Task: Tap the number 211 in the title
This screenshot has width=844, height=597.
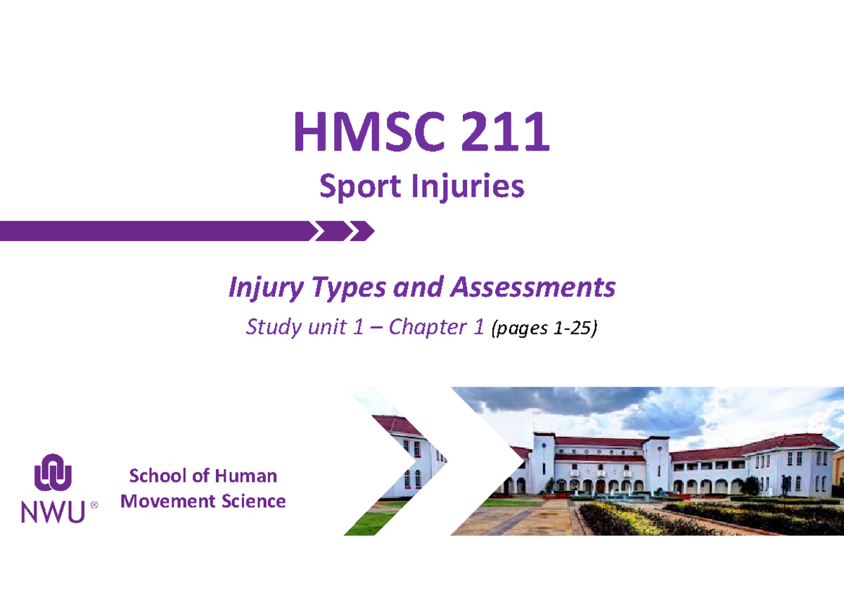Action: (504, 131)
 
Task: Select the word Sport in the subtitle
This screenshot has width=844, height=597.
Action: (360, 186)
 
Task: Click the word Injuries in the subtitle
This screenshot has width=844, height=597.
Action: (468, 186)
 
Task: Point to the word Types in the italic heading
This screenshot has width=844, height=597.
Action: (349, 288)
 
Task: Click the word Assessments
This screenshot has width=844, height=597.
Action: (533, 287)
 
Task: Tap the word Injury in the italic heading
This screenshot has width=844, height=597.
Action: (266, 288)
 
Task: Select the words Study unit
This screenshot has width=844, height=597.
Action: (296, 327)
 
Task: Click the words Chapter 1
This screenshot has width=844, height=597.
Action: (436, 326)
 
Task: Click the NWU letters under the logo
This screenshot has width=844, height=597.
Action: (53, 512)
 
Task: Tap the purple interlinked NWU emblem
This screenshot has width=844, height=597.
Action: (53, 473)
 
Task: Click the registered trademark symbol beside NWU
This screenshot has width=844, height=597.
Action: (94, 505)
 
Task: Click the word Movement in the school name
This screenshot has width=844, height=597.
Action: (168, 501)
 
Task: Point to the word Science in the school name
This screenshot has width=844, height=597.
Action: (254, 501)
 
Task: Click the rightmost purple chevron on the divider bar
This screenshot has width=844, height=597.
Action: (362, 231)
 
